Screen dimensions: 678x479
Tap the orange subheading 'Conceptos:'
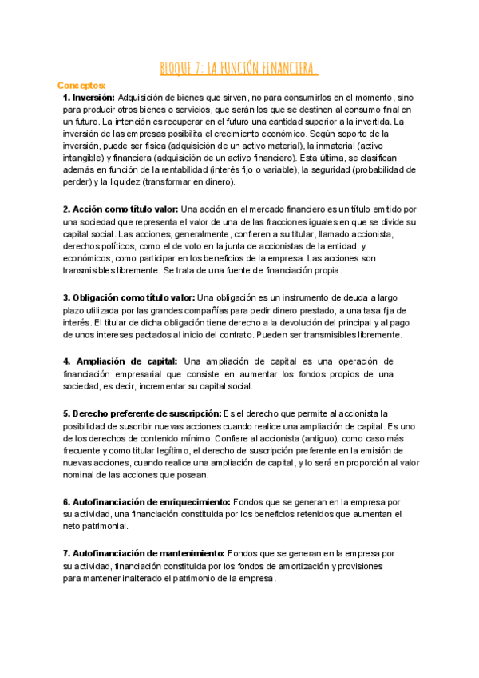[82, 85]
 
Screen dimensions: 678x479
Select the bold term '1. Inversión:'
[89, 97]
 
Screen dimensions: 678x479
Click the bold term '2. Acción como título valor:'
[121, 209]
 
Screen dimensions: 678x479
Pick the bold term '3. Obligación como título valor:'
[129, 297]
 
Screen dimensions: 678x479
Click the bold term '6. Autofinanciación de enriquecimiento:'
[147, 501]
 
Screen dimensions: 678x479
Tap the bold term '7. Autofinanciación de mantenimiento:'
[144, 553]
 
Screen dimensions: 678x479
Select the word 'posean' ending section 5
[188, 475]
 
